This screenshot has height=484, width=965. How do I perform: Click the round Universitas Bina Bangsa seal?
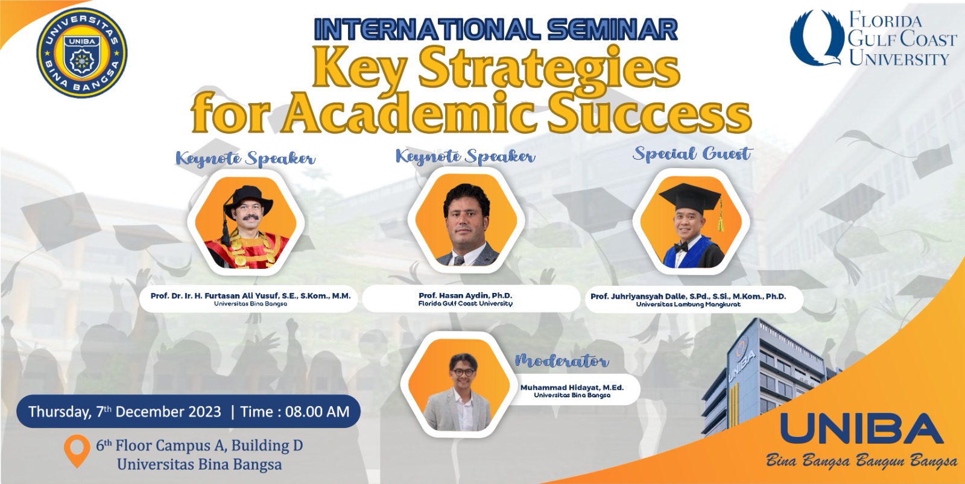tap(82, 53)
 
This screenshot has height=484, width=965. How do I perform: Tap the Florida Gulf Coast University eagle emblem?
tap(815, 38)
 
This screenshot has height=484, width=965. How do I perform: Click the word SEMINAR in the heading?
tap(612, 30)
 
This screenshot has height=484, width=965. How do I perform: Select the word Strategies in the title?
tap(549, 69)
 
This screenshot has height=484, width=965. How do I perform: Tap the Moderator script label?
tap(562, 360)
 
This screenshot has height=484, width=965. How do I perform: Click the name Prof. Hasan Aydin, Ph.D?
tap(465, 295)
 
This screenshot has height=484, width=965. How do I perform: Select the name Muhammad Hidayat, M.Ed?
tap(572, 388)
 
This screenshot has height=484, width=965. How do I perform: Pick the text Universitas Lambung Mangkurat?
tap(688, 304)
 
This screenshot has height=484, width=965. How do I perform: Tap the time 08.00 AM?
tap(317, 412)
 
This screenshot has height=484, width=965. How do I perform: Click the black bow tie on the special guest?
tap(681, 247)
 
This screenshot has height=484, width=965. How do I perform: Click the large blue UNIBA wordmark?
tap(862, 429)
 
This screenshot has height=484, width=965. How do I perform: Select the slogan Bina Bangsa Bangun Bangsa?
tap(862, 461)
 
